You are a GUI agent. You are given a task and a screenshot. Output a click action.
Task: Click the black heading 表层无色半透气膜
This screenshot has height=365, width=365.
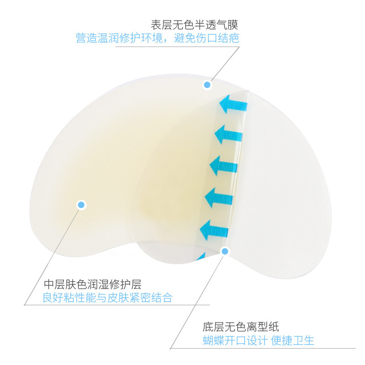click(195, 25)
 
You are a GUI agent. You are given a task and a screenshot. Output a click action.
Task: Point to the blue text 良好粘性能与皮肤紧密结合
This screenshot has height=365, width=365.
click(108, 298)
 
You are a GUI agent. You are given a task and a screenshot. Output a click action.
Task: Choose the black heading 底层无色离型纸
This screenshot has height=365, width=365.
click(241, 327)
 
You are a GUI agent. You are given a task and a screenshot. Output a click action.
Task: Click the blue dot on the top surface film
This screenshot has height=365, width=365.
click(207, 84)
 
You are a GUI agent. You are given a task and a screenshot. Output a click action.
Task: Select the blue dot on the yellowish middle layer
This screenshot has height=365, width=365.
click(81, 205)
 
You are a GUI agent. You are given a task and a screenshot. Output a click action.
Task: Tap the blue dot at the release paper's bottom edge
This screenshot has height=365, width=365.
click(224, 250)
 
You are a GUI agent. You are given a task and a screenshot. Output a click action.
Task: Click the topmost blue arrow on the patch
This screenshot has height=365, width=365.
click(233, 105)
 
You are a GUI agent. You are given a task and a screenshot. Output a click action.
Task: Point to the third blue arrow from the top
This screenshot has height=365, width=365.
click(224, 165)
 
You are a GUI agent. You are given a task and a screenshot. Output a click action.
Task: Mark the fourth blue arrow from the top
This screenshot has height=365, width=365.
click(220, 198)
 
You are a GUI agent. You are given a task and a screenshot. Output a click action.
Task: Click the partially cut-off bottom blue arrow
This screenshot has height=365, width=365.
click(201, 256)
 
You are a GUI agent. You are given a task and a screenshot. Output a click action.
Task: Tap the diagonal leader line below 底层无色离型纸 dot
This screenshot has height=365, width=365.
click(196, 301)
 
